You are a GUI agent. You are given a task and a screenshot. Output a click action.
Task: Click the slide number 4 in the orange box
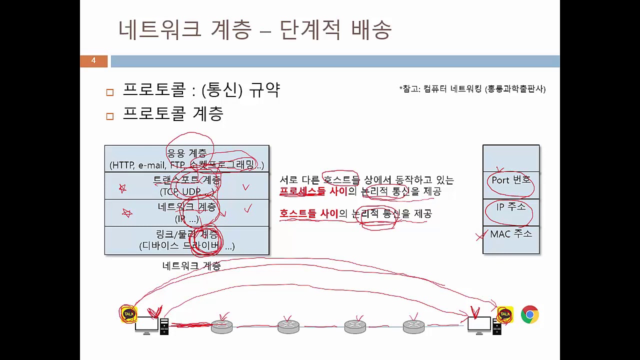tap(93, 61)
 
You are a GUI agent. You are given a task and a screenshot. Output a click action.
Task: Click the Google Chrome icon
tap(529, 314)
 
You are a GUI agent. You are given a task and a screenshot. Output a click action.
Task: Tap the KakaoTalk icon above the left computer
tap(128, 313)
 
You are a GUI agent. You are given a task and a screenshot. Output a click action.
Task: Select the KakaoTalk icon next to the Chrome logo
tap(505, 314)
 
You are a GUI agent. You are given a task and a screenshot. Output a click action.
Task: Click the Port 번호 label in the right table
tap(510, 180)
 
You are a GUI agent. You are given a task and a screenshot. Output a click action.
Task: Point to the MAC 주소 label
tap(510, 233)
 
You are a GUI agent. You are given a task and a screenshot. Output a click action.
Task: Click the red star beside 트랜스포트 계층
tap(122, 188)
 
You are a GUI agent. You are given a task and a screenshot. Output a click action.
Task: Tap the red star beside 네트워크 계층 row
tap(126, 213)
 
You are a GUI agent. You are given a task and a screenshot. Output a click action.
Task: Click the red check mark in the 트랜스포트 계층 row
tap(245, 187)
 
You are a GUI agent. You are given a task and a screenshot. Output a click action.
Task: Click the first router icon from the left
tap(221, 326)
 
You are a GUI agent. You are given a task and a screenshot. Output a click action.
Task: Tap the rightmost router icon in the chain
tap(413, 326)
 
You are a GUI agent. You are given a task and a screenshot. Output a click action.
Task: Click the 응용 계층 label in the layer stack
tap(186, 153)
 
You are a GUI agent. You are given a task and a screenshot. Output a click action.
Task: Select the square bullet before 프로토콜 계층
tap(110, 116)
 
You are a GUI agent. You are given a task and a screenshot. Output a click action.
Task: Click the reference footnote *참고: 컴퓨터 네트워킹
tap(472, 89)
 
